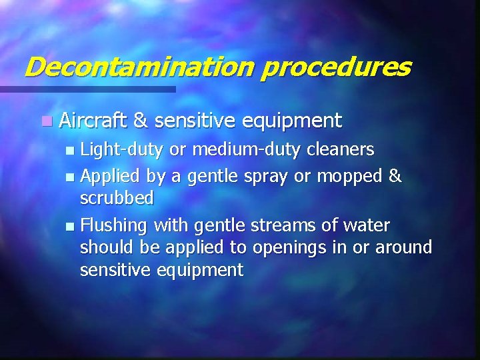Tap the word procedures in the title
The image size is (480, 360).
pyautogui.click(x=335, y=67)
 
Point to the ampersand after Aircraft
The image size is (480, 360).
pyautogui.click(x=140, y=120)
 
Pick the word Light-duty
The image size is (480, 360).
pyautogui.click(x=121, y=150)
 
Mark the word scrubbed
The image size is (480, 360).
pyautogui.click(x=117, y=198)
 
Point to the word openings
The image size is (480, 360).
pyautogui.click(x=287, y=248)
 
